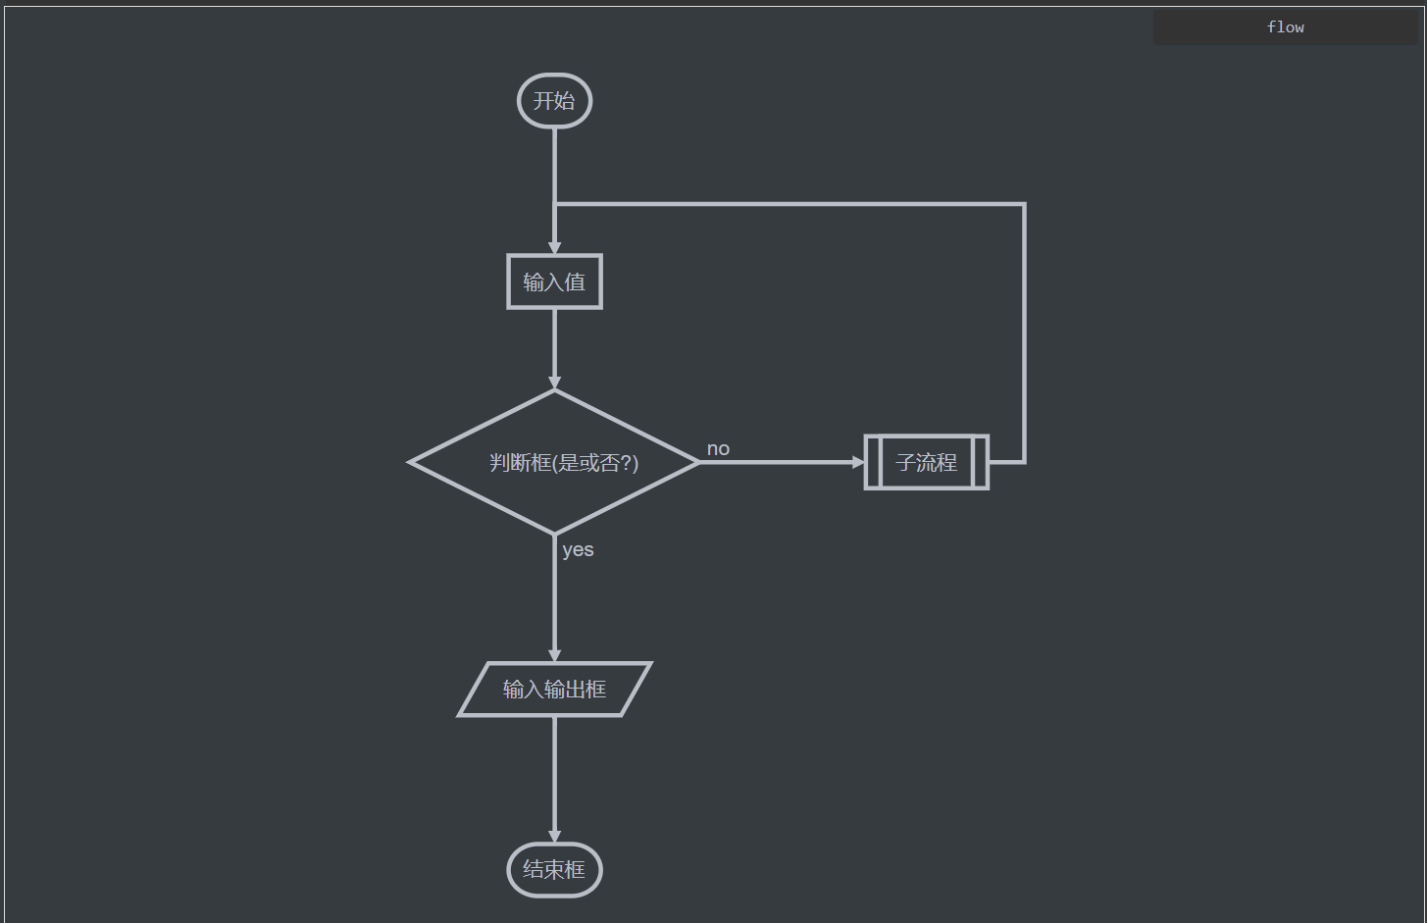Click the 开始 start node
coord(554,101)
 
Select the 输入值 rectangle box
coord(554,282)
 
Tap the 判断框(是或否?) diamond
coord(554,462)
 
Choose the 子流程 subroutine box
coord(926,462)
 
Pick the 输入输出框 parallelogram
coord(554,690)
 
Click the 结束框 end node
coord(554,870)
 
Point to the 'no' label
coord(718,448)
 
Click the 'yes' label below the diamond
coord(578,549)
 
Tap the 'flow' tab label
coord(1285,27)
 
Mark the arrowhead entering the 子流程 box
coord(859,462)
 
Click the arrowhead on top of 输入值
coord(554,248)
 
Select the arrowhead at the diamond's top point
coord(554,384)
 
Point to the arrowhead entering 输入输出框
coord(554,656)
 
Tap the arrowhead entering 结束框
coord(554,837)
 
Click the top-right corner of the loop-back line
coord(1024,204)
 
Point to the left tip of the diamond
coord(411,462)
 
